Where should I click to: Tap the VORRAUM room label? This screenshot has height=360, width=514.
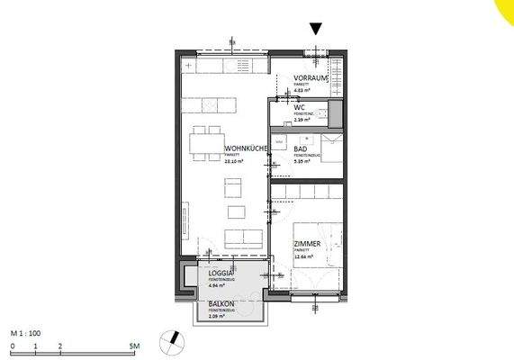pyautogui.click(x=311, y=78)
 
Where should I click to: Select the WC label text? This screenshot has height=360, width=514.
pyautogui.click(x=299, y=107)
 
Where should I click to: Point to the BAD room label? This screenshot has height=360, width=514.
pyautogui.click(x=301, y=149)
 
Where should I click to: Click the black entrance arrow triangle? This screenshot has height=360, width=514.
pyautogui.click(x=315, y=29)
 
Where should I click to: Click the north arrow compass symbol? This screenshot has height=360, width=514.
pyautogui.click(x=170, y=340)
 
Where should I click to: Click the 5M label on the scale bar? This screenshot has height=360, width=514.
pyautogui.click(x=134, y=346)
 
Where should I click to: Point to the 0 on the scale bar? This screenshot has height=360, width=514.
pyautogui.click(x=11, y=346)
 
